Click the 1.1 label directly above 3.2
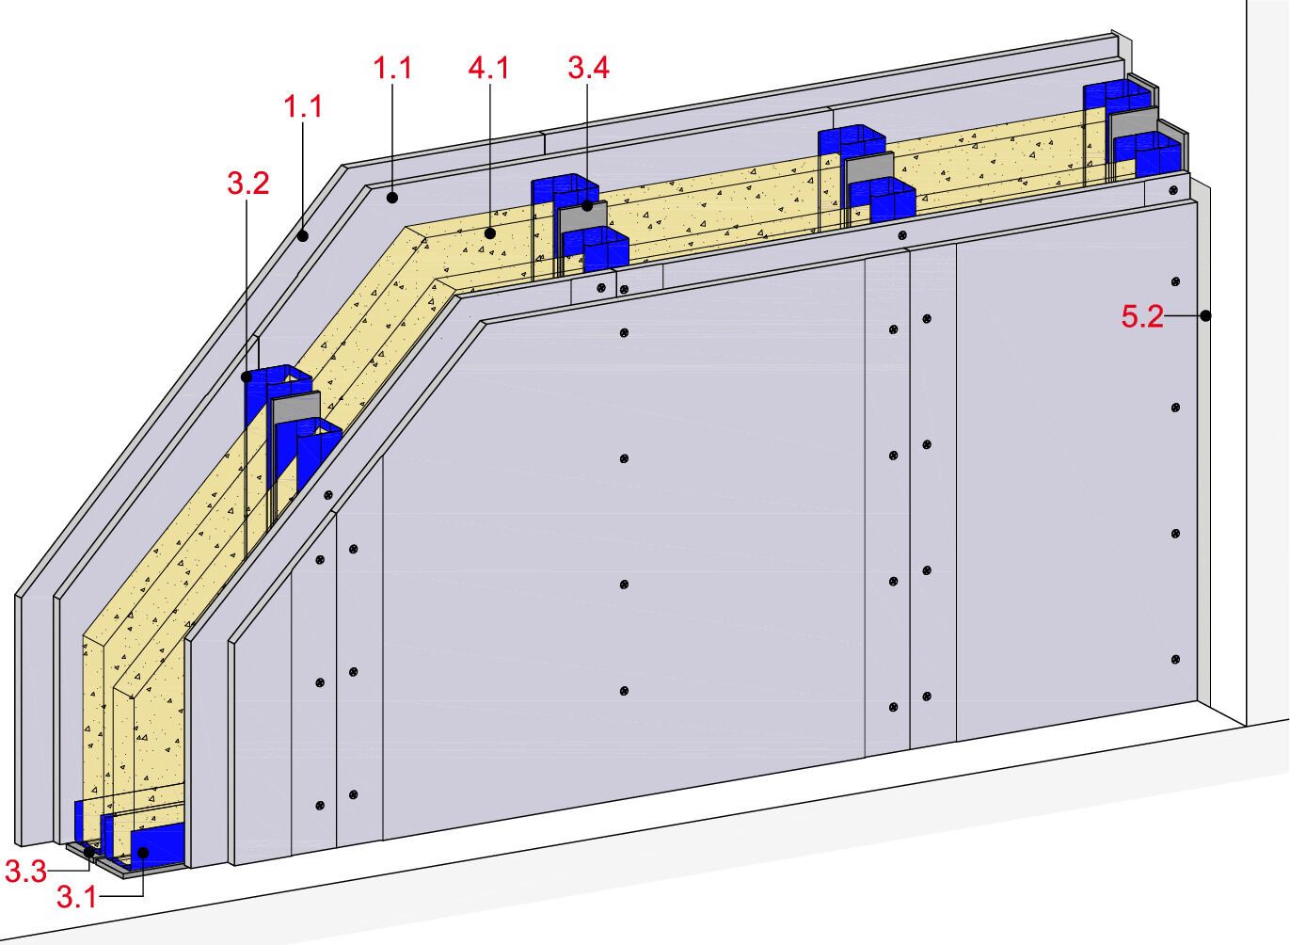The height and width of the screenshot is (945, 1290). [303, 106]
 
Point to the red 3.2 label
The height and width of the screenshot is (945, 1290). [248, 183]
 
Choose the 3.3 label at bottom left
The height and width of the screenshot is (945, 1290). [25, 872]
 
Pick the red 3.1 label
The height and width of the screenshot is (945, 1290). [76, 897]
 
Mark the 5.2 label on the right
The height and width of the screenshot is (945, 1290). [1141, 317]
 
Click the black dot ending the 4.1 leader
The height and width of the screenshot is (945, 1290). [489, 232]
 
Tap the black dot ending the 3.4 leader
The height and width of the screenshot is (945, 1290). [587, 204]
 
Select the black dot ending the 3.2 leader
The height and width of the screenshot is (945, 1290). [247, 376]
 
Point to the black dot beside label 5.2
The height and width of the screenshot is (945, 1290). [1204, 316]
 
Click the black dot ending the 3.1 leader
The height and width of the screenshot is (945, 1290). [142, 853]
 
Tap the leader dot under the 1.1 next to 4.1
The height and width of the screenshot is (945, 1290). [392, 198]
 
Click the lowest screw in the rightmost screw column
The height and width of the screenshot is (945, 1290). [1176, 660]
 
